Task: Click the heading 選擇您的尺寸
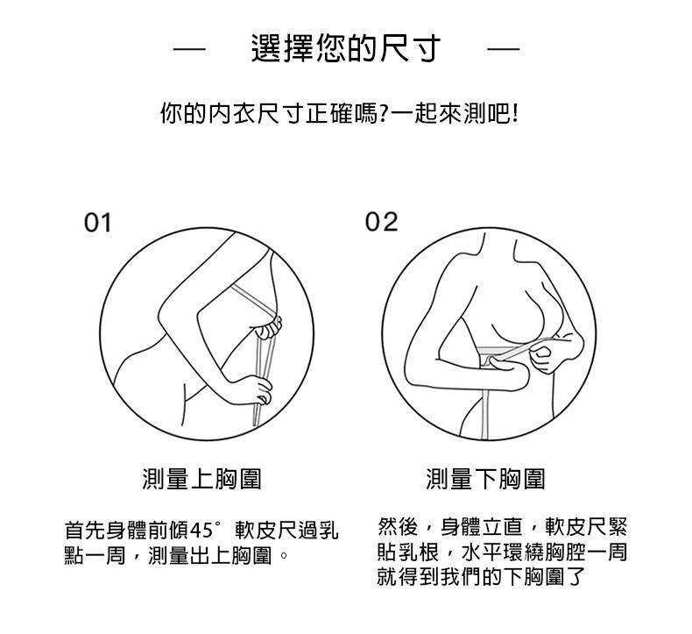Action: [x=345, y=48]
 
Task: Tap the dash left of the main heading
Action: [x=189, y=48]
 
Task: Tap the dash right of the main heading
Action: [x=503, y=48]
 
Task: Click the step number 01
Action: [x=97, y=223]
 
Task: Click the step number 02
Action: [x=381, y=222]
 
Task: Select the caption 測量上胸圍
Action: [x=202, y=479]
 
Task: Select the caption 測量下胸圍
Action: [x=485, y=479]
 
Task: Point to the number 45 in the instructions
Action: [x=201, y=531]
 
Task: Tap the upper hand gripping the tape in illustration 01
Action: [x=268, y=328]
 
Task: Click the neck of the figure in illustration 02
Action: [x=498, y=247]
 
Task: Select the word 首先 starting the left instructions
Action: [x=85, y=531]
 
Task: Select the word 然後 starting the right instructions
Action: [x=398, y=527]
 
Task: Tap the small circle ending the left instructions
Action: [x=285, y=555]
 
